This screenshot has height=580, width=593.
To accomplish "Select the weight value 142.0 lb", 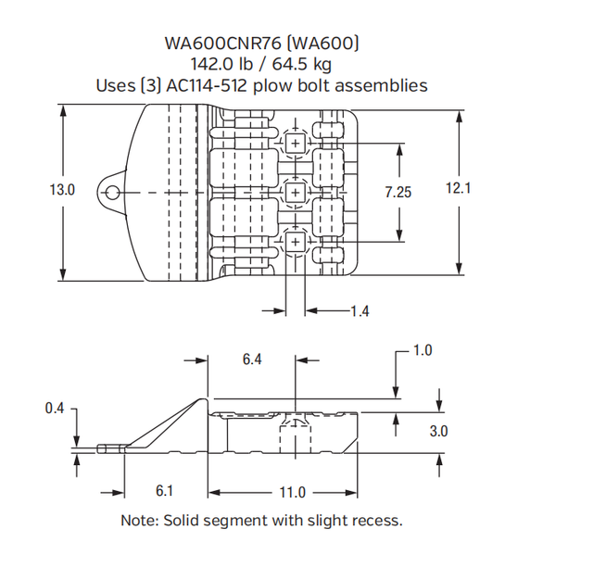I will click(x=220, y=64).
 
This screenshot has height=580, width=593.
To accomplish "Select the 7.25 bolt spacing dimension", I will click(x=398, y=191).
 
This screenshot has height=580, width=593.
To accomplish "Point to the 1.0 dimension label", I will click(x=423, y=350).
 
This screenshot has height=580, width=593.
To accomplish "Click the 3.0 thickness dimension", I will click(x=439, y=431).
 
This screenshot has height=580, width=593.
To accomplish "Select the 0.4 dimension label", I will click(x=55, y=407).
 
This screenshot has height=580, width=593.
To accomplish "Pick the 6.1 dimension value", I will click(x=165, y=488).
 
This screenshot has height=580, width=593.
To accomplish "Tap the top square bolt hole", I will click(x=295, y=143).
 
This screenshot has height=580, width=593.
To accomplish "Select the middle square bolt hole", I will click(x=295, y=192).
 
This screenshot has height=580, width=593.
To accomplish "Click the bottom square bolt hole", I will click(x=295, y=242).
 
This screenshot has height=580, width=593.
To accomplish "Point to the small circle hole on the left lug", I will click(x=112, y=192).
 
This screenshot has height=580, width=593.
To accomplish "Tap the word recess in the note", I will click(x=374, y=520).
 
